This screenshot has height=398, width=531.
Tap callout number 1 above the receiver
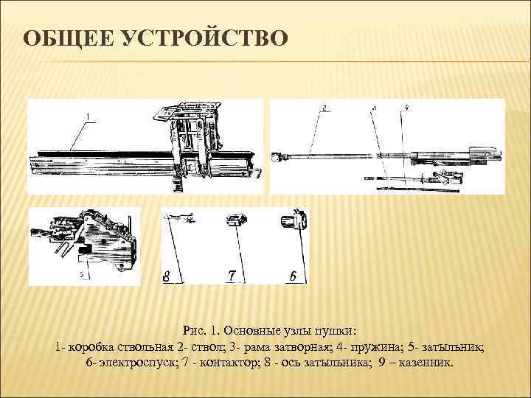pos(88,116)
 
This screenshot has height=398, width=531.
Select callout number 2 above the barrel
pos(324,108)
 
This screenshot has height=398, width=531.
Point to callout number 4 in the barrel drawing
pos(406,108)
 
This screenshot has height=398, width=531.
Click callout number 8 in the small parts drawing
pos(166,276)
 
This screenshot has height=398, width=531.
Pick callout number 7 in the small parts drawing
pos(232,276)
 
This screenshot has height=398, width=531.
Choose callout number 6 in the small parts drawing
pos(294,276)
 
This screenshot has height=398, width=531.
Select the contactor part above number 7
pos(236,220)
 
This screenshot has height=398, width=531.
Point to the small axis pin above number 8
pos(179,218)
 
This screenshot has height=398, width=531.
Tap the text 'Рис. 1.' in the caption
pos(200,330)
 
